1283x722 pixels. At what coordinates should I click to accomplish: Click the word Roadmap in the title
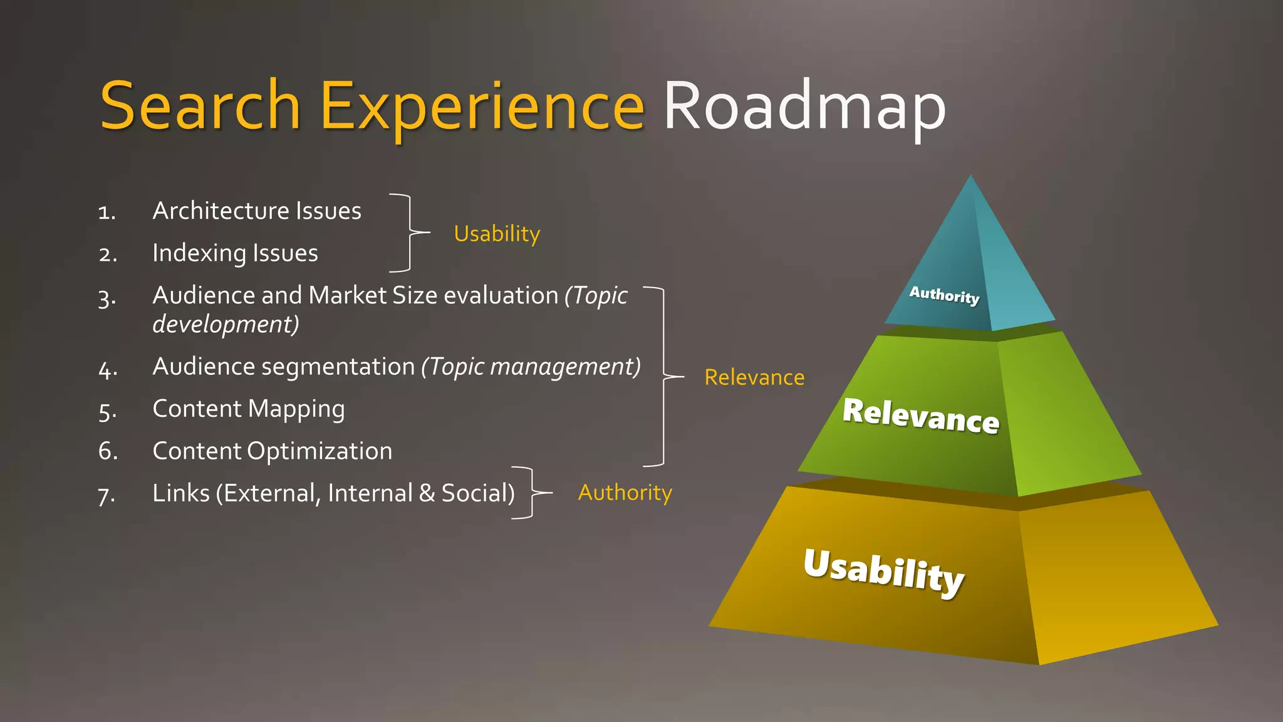tap(804, 107)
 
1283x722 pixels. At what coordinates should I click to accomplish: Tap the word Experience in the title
tap(482, 107)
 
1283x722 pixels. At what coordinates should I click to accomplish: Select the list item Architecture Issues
tap(257, 211)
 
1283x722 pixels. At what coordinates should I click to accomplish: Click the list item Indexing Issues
tap(235, 254)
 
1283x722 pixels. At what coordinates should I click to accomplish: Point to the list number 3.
tap(107, 298)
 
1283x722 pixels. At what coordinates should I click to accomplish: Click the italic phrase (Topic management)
tap(531, 367)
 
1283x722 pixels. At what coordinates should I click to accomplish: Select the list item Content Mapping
tap(249, 409)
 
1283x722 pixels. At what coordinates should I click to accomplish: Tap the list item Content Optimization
tap(273, 451)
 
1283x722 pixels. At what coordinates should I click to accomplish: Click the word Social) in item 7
tap(478, 493)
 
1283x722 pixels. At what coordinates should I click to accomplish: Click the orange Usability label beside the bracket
tap(497, 234)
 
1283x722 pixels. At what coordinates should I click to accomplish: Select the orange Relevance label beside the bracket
tap(754, 377)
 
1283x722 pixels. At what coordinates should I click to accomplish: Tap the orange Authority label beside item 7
tap(625, 493)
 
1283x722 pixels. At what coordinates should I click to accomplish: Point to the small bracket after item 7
tap(531, 493)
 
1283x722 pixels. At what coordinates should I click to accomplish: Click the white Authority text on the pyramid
tap(944, 295)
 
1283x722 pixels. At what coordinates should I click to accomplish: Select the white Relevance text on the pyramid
tap(921, 416)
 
